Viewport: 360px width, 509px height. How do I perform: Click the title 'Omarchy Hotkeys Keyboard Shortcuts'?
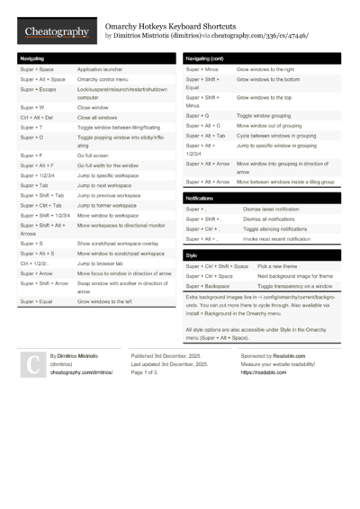tap(171, 27)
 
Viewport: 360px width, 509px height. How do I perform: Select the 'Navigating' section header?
tap(37, 58)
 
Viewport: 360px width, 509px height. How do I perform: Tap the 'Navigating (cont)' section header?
tap(208, 58)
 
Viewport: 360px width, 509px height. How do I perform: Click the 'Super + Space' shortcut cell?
tap(37, 69)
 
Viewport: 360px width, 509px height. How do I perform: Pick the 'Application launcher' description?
tap(102, 69)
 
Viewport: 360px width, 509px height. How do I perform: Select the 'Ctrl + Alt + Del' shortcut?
tap(37, 117)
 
